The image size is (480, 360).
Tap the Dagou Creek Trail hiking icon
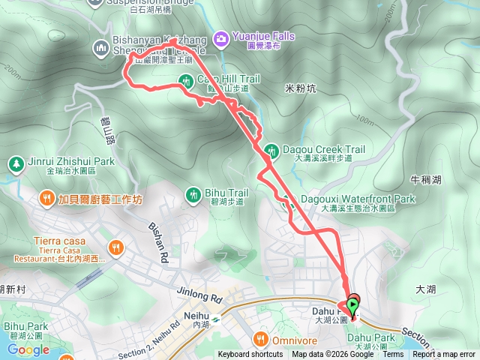click(271, 149)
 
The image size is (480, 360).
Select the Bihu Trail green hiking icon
click(193, 195)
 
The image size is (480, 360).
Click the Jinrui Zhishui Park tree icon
click(15, 163)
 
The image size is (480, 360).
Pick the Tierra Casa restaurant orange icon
click(115, 246)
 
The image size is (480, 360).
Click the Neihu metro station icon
click(216, 317)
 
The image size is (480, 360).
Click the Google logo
click(28, 349)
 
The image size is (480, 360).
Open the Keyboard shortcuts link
click(250, 355)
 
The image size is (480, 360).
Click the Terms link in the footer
click(393, 355)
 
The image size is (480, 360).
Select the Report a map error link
click(447, 355)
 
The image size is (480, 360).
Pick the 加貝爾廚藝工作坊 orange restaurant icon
click(46, 199)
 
